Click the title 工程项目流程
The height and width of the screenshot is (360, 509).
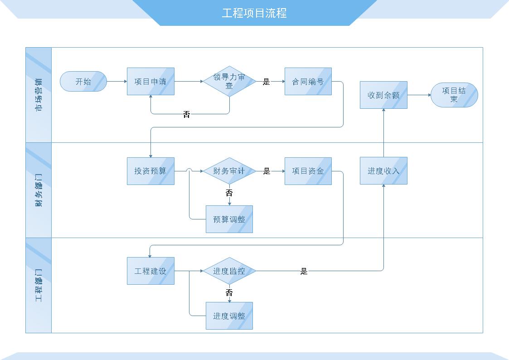click(254, 13)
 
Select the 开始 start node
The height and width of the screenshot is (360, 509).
click(83, 82)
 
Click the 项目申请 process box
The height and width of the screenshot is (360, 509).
click(150, 82)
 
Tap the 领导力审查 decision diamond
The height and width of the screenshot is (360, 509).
click(229, 82)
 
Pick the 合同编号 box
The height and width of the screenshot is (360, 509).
click(308, 82)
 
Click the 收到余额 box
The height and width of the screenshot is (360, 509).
click(383, 95)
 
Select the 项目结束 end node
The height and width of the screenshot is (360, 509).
click(454, 95)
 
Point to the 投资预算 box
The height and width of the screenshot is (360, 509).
click(150, 171)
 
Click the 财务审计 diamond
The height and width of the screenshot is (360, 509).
click(229, 171)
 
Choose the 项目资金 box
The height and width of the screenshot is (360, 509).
click(308, 171)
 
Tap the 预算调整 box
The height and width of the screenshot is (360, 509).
click(229, 219)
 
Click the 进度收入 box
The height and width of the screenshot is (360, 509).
click(383, 171)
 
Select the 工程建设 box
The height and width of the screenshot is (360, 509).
click(150, 271)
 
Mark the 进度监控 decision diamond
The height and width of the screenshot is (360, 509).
click(229, 271)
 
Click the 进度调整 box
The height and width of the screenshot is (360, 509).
click(229, 316)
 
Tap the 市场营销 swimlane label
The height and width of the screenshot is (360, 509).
click(39, 95)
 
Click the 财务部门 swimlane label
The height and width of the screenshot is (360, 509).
click(39, 190)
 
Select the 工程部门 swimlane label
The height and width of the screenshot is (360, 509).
click(39, 285)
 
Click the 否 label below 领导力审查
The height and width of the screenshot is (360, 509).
click(187, 114)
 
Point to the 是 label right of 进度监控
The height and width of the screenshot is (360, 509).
click(304, 271)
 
